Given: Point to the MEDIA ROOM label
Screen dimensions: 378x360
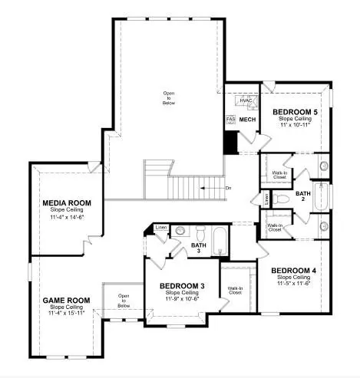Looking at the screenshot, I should (67, 203).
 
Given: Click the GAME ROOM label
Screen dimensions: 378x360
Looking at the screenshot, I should (65, 300).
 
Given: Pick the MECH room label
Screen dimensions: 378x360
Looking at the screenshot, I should (246, 120).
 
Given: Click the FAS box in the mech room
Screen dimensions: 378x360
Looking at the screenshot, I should (229, 120).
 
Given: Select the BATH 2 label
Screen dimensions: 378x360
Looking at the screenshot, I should (303, 194).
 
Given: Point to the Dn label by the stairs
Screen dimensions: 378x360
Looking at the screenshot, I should (228, 187).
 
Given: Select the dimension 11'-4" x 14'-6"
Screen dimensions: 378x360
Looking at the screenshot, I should (67, 218).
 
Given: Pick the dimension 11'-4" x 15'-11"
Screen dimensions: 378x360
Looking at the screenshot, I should (65, 314).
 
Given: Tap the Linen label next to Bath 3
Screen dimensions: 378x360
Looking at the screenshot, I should (160, 227).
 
